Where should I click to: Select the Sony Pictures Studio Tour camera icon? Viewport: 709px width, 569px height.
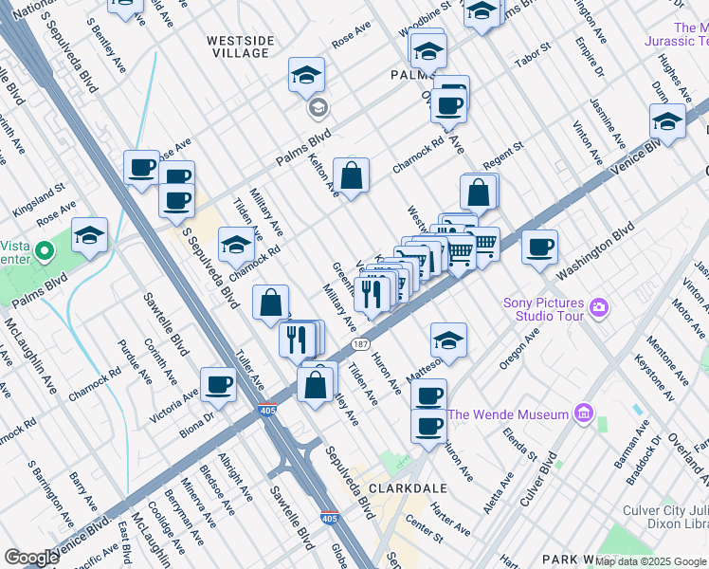[x=598, y=307]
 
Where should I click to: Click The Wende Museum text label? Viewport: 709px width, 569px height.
[x=508, y=414]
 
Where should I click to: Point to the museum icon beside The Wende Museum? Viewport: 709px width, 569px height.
[x=583, y=414]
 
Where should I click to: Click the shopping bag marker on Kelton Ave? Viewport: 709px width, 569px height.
[x=351, y=175]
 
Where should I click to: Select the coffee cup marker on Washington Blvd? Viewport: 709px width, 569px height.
[x=539, y=248]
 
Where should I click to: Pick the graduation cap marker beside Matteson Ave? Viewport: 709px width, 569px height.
[x=449, y=340]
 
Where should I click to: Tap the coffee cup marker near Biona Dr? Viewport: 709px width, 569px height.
[x=218, y=384]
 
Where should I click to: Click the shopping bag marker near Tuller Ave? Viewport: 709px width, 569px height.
[x=271, y=303]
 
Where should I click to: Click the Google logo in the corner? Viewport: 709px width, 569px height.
[x=31, y=558]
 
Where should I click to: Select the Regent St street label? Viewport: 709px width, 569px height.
[x=502, y=152]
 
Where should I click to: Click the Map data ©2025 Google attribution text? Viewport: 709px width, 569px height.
[x=650, y=561]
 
